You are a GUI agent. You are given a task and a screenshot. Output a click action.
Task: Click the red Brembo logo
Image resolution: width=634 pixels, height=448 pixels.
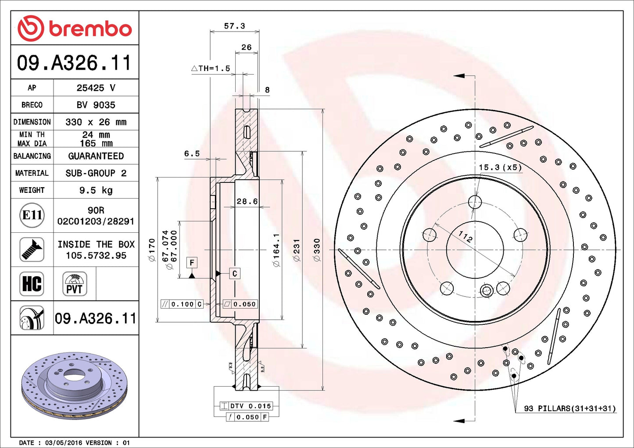tap(75, 28)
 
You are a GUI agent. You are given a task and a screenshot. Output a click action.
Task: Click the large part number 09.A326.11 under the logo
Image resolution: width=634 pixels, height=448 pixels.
tap(74, 63)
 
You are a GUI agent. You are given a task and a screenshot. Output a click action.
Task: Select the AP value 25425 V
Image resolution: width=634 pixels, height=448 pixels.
tap(96, 88)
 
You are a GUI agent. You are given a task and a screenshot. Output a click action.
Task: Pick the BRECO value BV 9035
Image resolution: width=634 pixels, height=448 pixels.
tap(96, 105)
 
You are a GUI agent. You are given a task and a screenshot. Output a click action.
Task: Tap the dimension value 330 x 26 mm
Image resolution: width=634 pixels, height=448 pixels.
tap(96, 122)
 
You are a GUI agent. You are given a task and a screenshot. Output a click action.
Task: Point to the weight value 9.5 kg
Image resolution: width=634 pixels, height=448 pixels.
tap(96, 190)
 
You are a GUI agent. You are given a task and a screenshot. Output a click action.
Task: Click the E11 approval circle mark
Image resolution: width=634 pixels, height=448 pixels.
tap(32, 215)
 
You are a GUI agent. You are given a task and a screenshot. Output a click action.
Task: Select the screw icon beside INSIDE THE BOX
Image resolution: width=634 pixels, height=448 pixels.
tap(32, 249)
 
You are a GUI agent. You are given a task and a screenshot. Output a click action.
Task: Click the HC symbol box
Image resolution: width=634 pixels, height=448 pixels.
tap(32, 284)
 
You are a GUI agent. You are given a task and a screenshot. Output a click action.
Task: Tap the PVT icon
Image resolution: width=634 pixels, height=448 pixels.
tap(75, 284)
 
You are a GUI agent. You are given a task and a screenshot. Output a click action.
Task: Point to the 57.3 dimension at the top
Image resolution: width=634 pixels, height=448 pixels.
tap(234, 26)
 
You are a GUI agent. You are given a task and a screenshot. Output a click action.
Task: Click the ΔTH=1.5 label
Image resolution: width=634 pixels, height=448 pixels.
tap(211, 68)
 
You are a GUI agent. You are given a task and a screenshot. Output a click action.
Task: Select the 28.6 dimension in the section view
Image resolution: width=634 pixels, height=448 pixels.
tap(247, 201)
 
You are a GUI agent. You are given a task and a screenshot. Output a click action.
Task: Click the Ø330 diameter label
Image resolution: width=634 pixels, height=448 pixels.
tap(317, 250)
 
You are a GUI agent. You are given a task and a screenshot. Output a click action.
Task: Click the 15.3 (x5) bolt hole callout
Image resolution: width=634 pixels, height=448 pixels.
tap(500, 167)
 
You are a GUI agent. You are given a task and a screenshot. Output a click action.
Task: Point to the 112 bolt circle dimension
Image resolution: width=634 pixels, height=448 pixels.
tap(466, 237)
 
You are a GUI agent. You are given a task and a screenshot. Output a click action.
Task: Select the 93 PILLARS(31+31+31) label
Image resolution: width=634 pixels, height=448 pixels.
tap(570, 409)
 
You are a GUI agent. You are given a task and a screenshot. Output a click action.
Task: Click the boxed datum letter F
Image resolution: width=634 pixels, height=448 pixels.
tap(192, 263)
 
